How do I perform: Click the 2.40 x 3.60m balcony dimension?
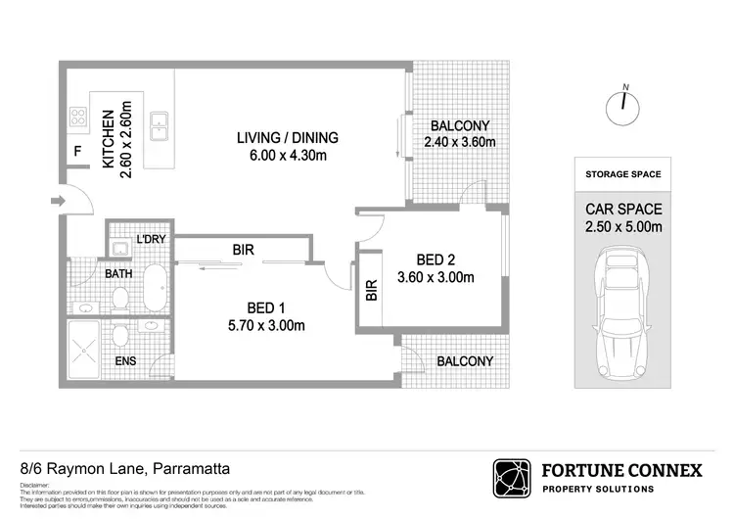click(x=460, y=143)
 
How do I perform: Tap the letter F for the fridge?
click(x=77, y=152)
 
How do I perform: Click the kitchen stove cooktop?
click(x=78, y=118)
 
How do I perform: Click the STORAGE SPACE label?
click(x=622, y=174)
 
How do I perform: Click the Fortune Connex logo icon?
click(x=513, y=478)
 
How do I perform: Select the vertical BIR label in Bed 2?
click(x=370, y=291)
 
